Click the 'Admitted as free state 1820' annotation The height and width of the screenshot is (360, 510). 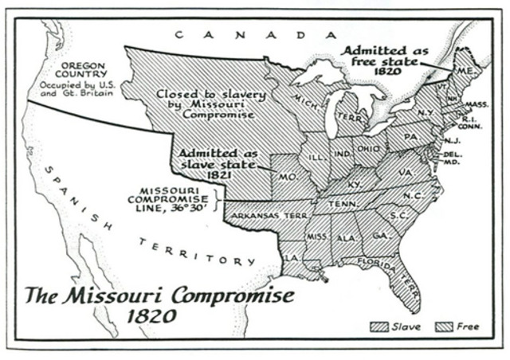(x=386, y=59)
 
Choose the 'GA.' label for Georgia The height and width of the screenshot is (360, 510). (x=381, y=236)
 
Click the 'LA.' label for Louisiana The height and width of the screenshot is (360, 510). (x=294, y=257)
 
